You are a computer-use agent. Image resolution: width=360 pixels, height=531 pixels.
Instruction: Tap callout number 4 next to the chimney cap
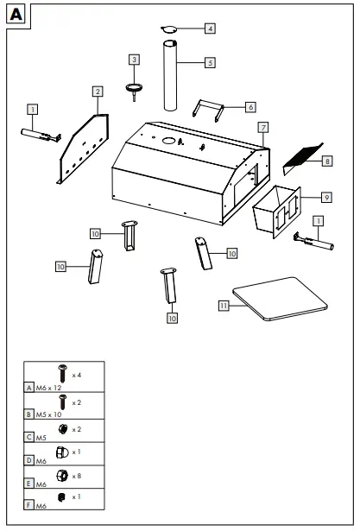pos(210,28)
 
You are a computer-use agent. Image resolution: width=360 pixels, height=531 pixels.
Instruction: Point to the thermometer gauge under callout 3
pos(135,87)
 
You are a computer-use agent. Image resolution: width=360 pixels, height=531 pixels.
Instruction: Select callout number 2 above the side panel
pos(98,91)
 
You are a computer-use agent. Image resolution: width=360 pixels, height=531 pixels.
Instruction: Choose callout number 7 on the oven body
pos(263,128)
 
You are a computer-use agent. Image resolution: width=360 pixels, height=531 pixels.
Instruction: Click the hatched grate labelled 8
pos(300,155)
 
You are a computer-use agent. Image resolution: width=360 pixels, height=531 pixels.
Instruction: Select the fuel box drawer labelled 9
pos(275,212)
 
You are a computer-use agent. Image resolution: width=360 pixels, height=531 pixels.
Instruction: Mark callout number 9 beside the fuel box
pos(325,197)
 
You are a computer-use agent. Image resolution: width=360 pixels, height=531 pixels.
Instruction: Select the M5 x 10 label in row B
pos(49,414)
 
